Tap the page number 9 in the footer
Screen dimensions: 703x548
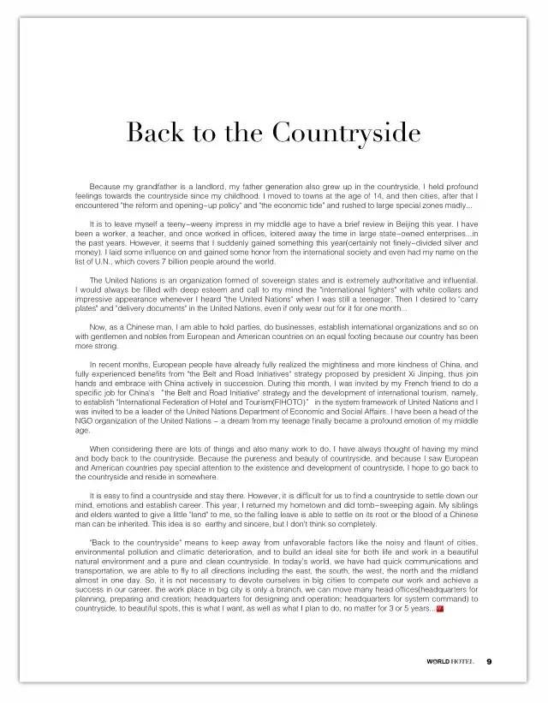point(488,661)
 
